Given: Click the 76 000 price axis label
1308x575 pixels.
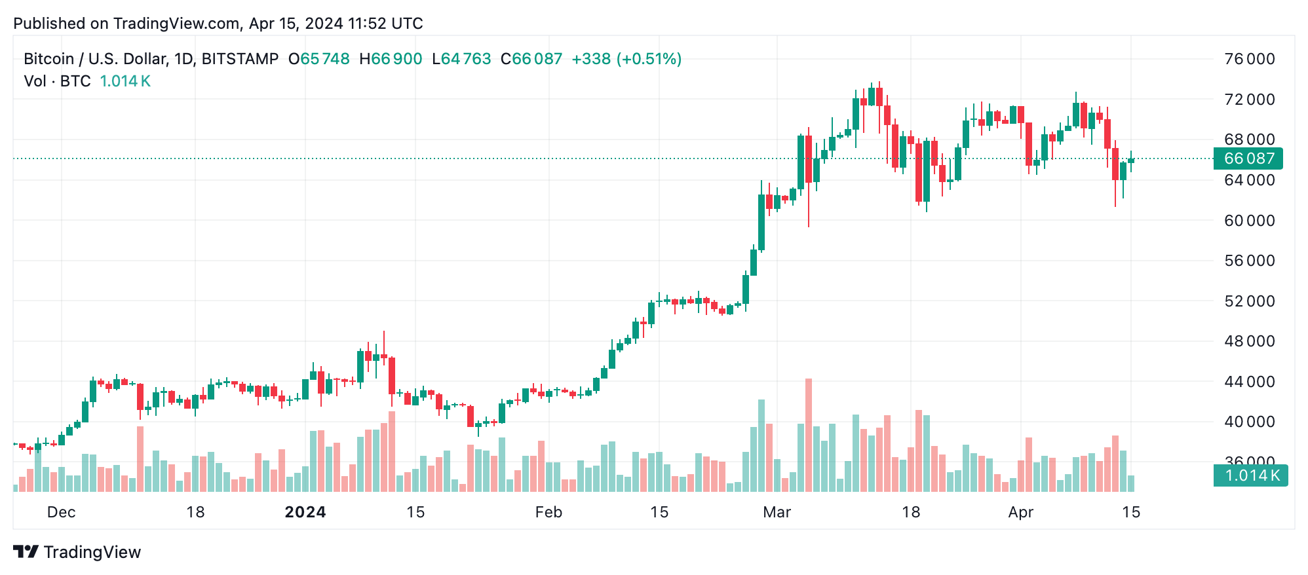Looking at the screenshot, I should point(1249,59).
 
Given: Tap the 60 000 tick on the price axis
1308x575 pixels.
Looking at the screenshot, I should point(1249,221).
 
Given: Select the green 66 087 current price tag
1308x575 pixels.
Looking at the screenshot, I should point(1248,158).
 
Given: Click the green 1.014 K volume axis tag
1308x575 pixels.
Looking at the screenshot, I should point(1250,475).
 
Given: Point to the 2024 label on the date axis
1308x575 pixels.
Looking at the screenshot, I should point(305,512).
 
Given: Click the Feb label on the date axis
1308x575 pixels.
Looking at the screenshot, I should point(548,512).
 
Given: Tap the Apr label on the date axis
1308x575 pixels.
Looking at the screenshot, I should point(1020,512).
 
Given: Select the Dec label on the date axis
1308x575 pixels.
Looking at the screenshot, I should point(62,512).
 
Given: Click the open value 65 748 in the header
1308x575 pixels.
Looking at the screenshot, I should point(325,59).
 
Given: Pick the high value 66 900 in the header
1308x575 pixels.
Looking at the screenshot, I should point(396,59).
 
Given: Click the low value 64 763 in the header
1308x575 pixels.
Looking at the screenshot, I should point(466,59).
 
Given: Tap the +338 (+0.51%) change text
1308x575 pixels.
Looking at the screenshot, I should point(626,59).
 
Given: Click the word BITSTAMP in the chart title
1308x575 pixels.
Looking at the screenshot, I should point(240,59).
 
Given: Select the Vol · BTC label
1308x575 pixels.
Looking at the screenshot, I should point(57,81).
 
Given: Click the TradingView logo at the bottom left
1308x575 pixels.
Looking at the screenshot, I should point(77,552).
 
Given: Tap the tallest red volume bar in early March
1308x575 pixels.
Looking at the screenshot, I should point(809,435).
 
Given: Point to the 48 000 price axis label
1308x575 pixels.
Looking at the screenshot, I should point(1249,341).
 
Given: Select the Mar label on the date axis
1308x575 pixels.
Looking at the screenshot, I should point(777,512).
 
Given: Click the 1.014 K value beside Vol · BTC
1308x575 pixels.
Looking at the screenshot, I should point(125,81).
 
